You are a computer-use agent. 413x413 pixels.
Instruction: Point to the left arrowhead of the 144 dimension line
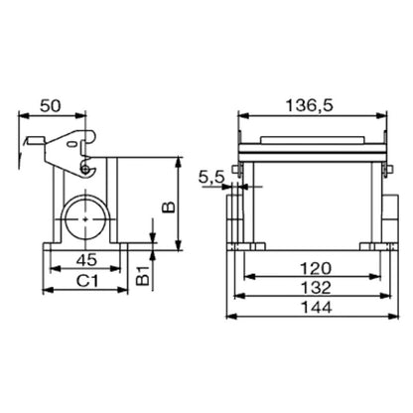pyautogui.click(x=230, y=319)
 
